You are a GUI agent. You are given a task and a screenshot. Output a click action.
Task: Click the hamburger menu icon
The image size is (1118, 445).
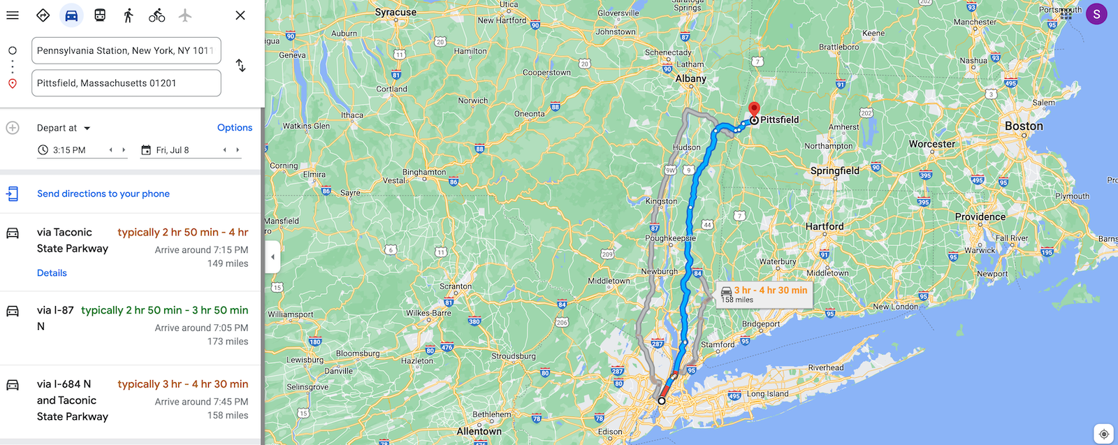[13, 15]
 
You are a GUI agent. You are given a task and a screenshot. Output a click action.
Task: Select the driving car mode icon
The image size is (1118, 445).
[71, 15]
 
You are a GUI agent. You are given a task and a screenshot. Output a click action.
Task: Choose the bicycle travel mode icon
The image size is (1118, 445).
[157, 15]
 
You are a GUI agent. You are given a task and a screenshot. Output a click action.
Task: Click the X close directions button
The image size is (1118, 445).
[240, 15]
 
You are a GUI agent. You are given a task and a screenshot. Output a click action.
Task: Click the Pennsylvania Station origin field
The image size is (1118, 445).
[126, 50]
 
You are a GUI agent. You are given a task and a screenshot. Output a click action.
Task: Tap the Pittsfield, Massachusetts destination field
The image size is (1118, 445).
[126, 83]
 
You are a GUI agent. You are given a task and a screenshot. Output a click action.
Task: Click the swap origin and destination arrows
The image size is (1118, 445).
[240, 66]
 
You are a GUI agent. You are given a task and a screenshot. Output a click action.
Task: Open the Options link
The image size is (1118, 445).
[235, 127]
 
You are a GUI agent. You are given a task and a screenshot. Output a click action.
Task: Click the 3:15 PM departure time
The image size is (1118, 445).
[69, 150]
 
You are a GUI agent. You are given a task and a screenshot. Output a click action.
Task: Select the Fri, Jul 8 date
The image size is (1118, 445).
[173, 150]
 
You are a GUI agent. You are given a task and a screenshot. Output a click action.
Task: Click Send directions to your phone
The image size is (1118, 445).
[103, 194]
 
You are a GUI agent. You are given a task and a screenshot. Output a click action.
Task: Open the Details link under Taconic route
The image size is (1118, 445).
[52, 273]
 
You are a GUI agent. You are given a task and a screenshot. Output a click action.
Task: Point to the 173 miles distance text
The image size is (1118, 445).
[228, 342]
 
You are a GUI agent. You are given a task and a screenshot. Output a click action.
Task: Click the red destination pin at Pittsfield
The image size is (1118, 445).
[754, 110]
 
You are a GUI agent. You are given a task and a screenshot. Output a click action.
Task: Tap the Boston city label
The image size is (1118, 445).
[1024, 126]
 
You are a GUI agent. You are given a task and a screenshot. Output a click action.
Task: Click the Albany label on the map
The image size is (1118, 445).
[690, 79]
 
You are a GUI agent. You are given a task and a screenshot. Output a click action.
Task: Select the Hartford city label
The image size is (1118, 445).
[825, 226]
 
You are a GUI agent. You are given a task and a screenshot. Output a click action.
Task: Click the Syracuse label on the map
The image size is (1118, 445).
[395, 13]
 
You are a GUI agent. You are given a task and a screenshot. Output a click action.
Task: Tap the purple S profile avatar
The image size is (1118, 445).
[1096, 14]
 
